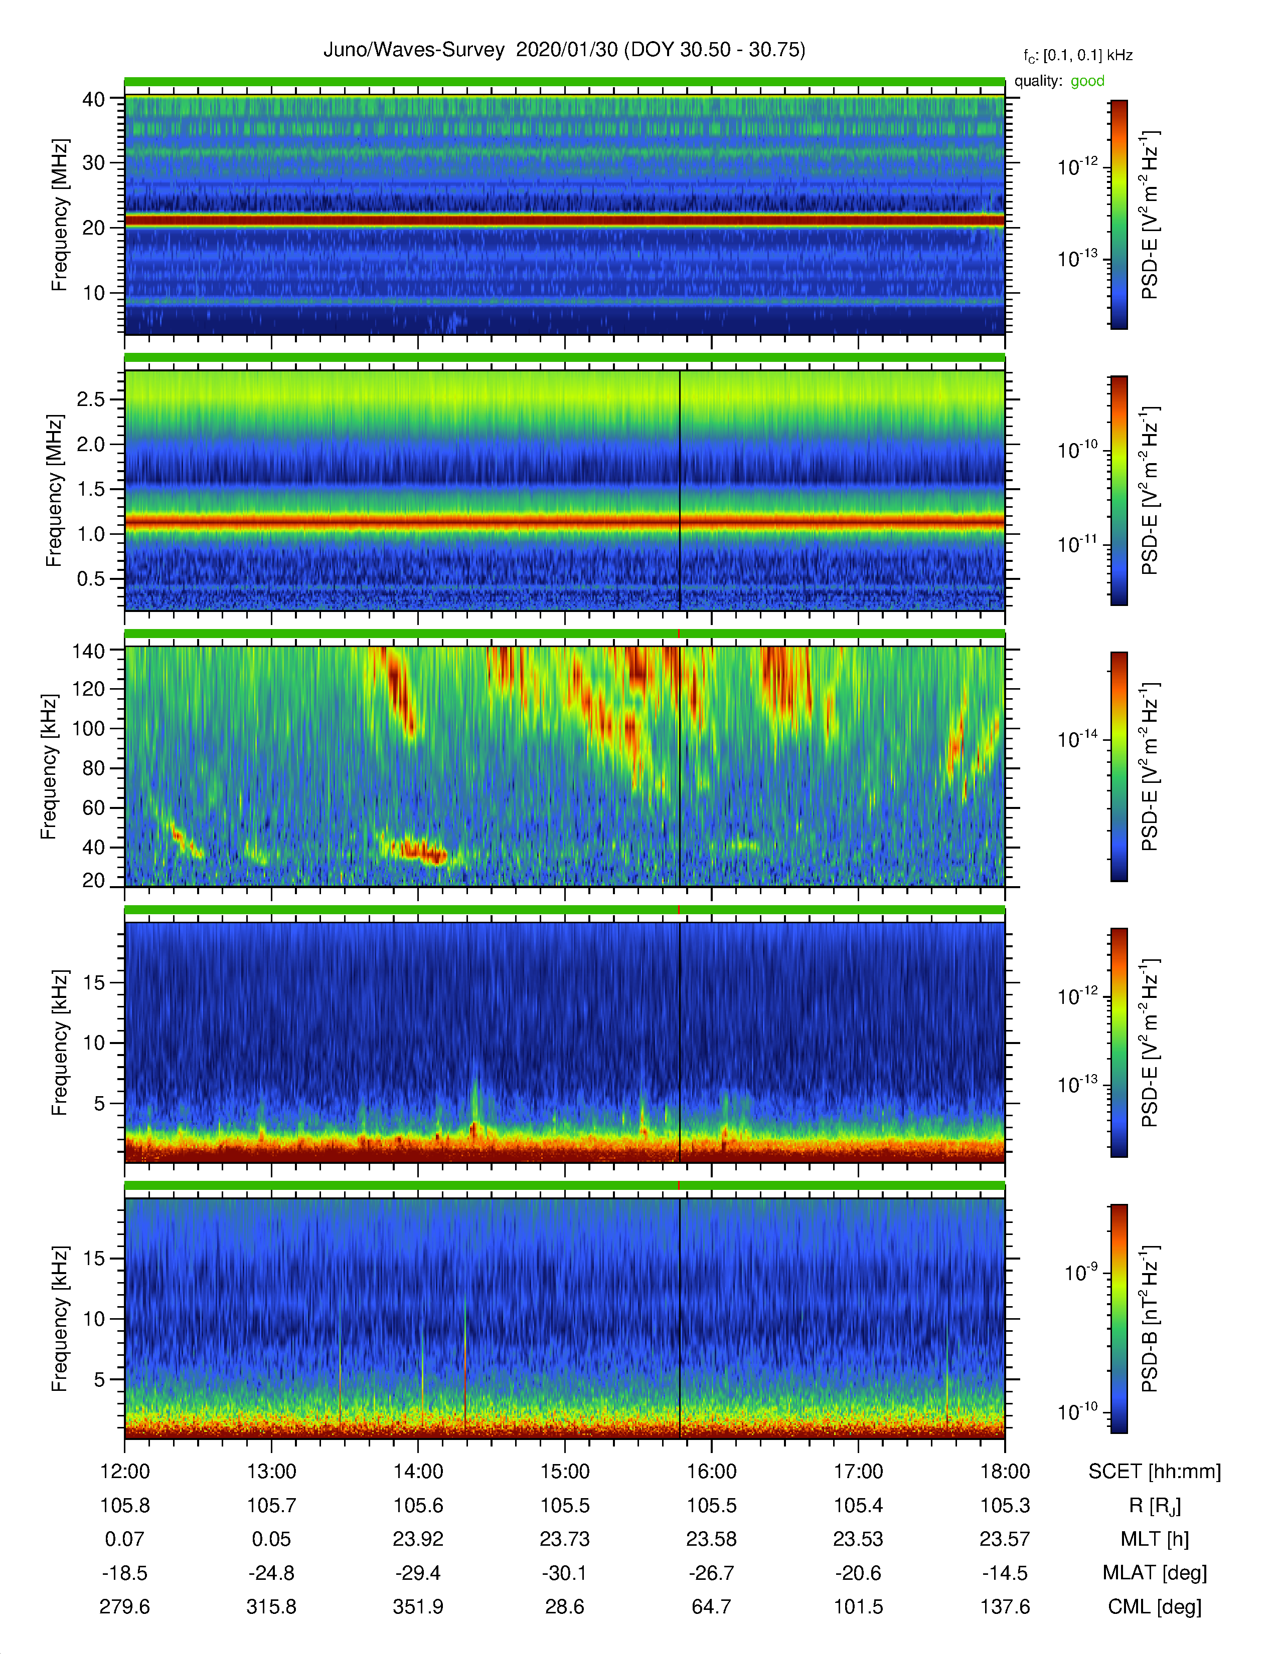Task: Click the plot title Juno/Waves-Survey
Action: click(x=414, y=50)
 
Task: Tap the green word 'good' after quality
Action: click(x=1087, y=81)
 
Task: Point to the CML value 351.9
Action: click(x=418, y=1606)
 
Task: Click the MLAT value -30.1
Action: click(x=564, y=1573)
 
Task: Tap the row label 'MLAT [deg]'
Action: click(x=1155, y=1573)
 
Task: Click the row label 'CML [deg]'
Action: click(x=1155, y=1607)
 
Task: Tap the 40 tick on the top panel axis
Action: click(x=94, y=99)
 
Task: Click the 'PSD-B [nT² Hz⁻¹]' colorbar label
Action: click(x=1150, y=1318)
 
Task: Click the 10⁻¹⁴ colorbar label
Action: click(x=1077, y=738)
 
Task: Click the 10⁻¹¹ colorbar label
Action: click(x=1077, y=544)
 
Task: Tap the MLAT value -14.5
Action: click(x=1005, y=1573)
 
